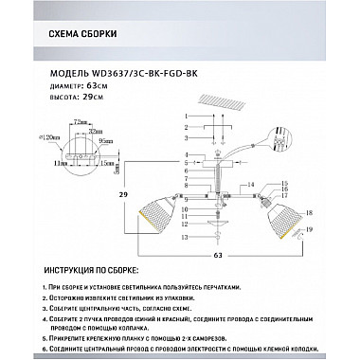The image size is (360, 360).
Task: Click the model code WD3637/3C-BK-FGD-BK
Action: point(141,72)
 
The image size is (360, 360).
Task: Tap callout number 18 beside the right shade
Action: point(310,217)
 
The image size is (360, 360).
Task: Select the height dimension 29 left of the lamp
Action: point(122,193)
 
